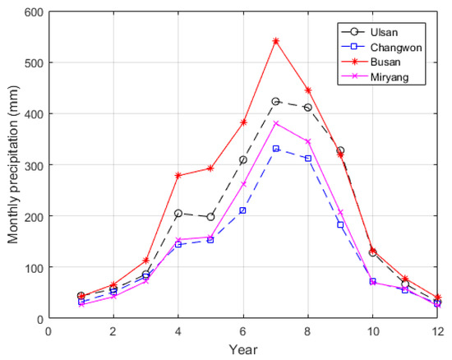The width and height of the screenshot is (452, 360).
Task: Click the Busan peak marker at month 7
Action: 275,40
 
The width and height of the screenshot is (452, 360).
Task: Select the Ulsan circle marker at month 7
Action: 275,101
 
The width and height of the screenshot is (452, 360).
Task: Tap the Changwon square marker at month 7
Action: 275,149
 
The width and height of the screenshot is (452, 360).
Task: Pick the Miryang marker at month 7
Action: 275,123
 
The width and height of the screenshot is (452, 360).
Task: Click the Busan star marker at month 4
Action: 178,175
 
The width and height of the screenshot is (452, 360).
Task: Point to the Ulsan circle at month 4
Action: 178,213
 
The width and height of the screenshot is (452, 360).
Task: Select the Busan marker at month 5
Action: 210,168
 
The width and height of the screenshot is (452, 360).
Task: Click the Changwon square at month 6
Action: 243,210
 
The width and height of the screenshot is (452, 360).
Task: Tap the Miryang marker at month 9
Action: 340,213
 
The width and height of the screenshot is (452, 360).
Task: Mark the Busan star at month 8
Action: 308,90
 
